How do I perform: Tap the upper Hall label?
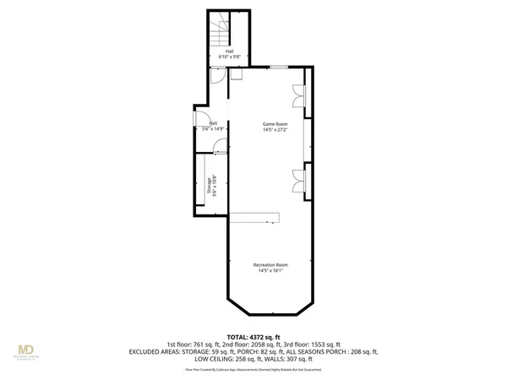pyautogui.click(x=229, y=51)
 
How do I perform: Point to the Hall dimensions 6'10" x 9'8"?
pyautogui.click(x=229, y=57)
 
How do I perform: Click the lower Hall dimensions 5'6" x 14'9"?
pyautogui.click(x=211, y=128)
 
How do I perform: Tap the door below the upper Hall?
pyautogui.click(x=217, y=74)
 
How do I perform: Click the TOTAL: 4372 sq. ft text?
pyautogui.click(x=253, y=337)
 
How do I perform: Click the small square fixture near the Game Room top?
pyautogui.click(x=236, y=74)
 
